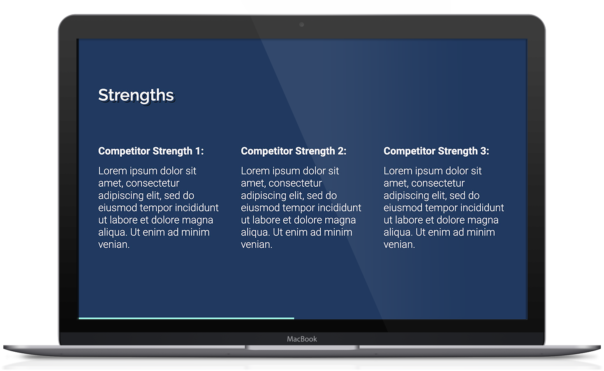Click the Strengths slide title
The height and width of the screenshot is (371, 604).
[x=136, y=95]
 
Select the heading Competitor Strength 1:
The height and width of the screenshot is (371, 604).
[x=151, y=151]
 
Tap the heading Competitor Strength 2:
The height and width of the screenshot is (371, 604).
[x=294, y=151]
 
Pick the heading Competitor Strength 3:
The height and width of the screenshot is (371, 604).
[x=436, y=151]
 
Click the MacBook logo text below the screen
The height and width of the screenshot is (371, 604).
[x=302, y=339]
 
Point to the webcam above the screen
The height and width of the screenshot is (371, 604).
[x=301, y=25]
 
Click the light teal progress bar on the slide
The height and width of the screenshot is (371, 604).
[x=186, y=318]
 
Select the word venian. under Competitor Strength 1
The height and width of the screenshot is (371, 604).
[x=114, y=245]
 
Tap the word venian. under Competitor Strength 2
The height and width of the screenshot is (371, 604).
[x=257, y=245]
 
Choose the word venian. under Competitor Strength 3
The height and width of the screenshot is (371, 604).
[x=399, y=245]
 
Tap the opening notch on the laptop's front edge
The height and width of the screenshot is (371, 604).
[x=302, y=348]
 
